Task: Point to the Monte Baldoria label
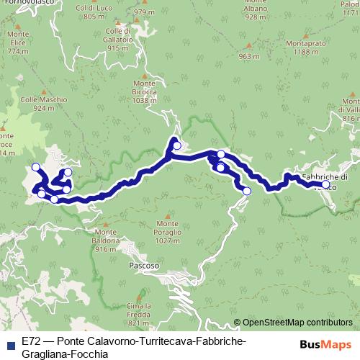coord(105,240)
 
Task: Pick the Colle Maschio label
coord(50,104)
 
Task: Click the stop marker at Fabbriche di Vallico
coord(325,184)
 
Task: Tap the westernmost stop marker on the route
coord(35,168)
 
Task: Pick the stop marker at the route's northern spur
coord(176,145)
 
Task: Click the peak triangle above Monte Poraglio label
coord(167,214)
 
